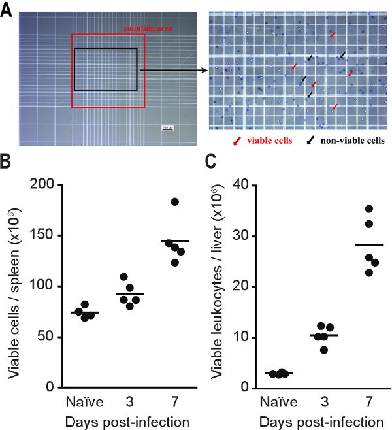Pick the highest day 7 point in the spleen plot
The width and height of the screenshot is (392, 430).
coord(174,201)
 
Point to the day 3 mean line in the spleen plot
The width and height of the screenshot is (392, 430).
coord(129,294)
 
